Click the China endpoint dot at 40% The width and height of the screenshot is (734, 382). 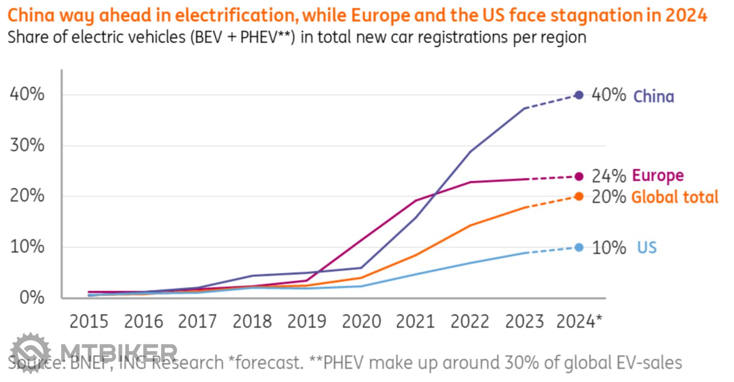[x=579, y=95]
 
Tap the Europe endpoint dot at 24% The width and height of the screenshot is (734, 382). [x=579, y=177]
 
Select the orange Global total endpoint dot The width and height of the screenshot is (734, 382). [x=579, y=197]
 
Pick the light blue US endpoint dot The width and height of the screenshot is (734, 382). [x=579, y=248]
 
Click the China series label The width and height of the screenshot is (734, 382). [x=654, y=96]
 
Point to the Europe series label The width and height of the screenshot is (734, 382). [x=658, y=176]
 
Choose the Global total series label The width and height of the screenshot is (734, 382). [x=675, y=197]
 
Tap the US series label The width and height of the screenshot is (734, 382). [x=647, y=248]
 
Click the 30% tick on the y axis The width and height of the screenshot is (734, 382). [x=28, y=145]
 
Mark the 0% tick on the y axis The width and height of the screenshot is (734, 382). [x=32, y=298]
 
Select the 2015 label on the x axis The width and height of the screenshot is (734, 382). [x=89, y=321]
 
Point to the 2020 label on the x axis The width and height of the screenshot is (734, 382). [x=361, y=321]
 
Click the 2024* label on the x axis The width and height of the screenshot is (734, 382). [x=579, y=321]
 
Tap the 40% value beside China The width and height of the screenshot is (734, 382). [x=609, y=95]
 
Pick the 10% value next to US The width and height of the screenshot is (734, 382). [x=609, y=248]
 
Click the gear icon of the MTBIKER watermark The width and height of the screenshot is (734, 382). [x=30, y=353]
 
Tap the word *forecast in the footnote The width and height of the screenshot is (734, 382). [x=266, y=363]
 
